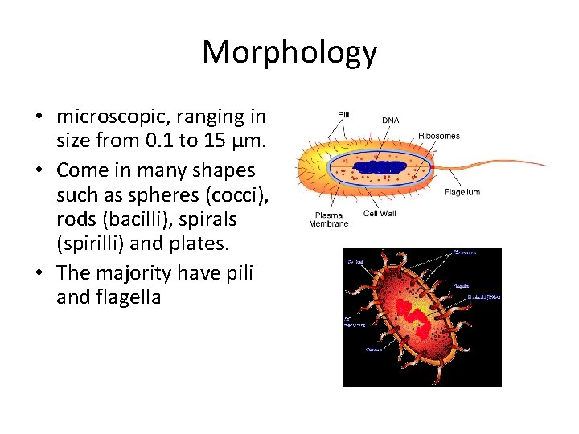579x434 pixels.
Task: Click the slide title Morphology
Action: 289,52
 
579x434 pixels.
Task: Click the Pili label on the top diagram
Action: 343,115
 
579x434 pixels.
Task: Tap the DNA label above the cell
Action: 390,121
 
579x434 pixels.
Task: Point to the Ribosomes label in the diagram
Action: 439,136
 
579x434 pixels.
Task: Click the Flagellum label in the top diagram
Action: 462,193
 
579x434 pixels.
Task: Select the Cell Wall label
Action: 380,214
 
